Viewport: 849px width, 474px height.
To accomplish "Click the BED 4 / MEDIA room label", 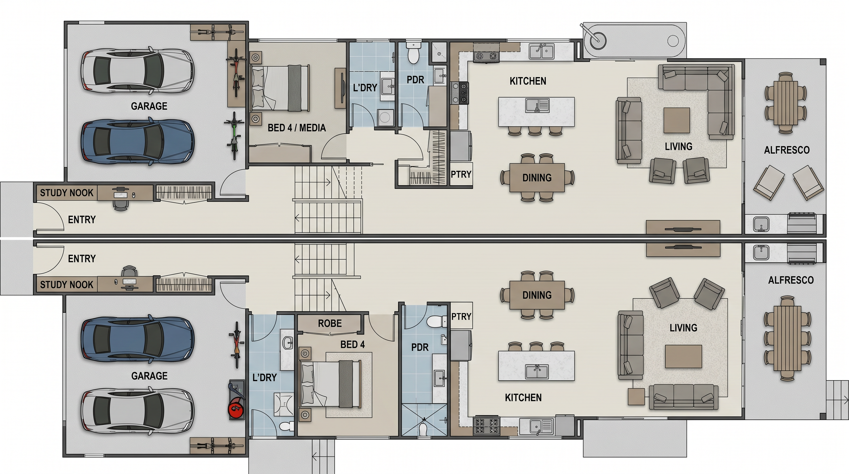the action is coord(296,128).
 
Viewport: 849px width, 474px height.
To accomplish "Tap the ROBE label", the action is coord(330,323).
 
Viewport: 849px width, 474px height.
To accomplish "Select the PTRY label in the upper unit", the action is coord(461,174).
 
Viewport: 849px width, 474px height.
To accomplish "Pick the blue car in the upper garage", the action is coord(138,141).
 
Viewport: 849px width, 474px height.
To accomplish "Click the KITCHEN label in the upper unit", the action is coord(528,81).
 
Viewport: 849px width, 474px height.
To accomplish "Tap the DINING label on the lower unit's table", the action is coord(537,295).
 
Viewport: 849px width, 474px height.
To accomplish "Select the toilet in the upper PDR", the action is coord(413,53).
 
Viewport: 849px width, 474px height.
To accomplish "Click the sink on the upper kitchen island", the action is coord(537,106).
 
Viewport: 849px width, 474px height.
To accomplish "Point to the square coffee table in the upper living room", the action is coord(677,120).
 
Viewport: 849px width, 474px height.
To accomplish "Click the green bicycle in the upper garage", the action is coord(234,135).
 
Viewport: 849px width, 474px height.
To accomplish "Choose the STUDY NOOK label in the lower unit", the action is coord(67,285).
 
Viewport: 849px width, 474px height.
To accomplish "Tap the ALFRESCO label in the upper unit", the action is coord(787,150).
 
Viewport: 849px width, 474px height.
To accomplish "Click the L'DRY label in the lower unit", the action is coord(264,378).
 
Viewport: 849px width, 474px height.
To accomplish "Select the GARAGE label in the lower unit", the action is coord(149,376).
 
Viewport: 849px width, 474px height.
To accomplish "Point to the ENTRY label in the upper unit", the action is coord(82,219).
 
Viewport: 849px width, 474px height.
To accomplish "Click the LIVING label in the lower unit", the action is coord(683,328).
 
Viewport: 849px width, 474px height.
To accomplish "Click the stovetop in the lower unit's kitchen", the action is coord(487,426).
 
